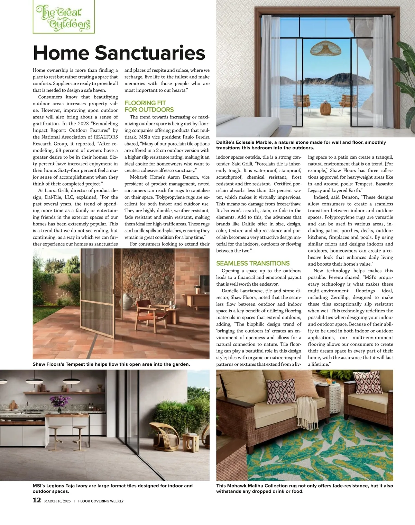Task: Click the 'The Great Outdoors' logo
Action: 64,17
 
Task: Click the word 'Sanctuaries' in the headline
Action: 150,53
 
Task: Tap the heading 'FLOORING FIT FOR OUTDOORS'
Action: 149,106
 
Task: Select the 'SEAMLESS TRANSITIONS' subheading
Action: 253,263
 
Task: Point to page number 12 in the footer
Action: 37,500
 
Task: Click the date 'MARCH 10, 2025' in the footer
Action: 57,501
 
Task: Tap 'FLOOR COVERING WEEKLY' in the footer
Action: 101,501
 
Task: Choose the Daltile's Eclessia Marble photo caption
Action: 301,145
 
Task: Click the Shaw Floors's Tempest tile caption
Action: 111,364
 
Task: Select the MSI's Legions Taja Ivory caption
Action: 112,488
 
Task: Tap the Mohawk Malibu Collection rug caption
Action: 304,488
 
